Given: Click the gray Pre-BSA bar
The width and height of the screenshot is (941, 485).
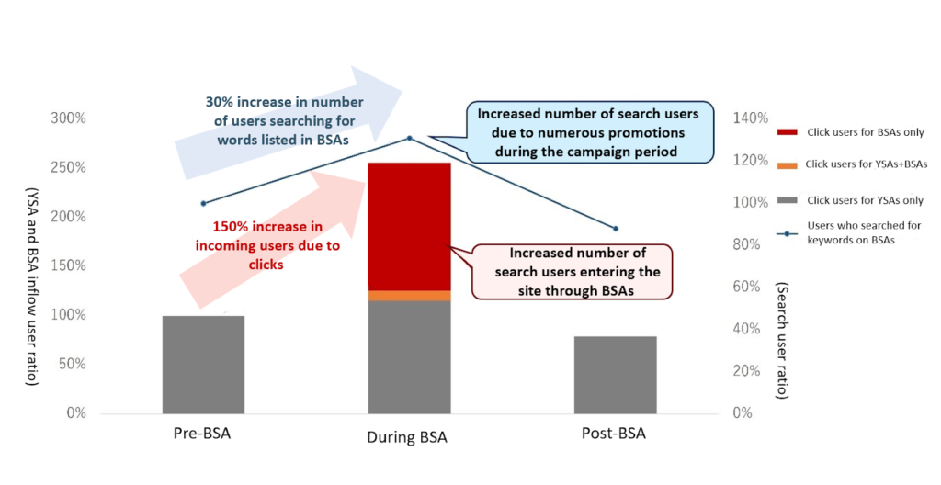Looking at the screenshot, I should click(x=203, y=365).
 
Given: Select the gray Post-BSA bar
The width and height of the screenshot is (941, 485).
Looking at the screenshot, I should click(x=616, y=375).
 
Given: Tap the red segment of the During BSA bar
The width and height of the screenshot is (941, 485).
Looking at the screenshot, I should click(x=409, y=226).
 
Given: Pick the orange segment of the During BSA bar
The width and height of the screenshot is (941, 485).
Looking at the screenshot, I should click(x=409, y=295).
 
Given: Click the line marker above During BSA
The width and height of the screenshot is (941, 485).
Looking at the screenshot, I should click(x=410, y=139).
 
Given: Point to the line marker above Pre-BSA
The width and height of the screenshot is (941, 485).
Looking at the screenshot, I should click(x=203, y=203).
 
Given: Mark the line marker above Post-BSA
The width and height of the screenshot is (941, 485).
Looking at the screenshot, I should click(x=616, y=229).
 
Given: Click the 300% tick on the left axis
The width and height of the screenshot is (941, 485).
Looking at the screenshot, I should click(x=69, y=118).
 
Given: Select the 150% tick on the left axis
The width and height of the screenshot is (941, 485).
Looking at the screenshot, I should click(x=69, y=265).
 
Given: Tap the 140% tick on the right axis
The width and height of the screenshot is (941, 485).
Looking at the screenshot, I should click(x=750, y=118).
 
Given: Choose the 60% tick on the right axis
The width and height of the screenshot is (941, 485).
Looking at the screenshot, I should click(x=750, y=287).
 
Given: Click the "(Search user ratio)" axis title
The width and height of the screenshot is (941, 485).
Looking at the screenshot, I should click(x=781, y=340).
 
